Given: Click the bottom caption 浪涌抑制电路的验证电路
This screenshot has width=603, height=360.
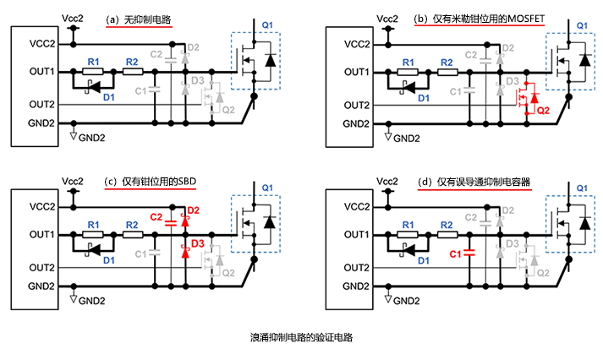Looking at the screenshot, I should point(301,335).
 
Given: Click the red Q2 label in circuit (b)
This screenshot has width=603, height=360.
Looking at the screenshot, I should point(543,110).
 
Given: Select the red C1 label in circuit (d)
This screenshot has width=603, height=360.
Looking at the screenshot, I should point(455,253).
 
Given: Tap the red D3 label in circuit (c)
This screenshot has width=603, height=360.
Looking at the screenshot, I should point(198,243).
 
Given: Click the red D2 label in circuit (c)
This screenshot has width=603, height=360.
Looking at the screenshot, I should point(193,210).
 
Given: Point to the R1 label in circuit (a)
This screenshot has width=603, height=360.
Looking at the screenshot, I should point(94,62).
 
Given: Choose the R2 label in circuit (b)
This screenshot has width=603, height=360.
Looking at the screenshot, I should point(444,62).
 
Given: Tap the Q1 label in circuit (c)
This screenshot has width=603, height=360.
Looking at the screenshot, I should point(267,187).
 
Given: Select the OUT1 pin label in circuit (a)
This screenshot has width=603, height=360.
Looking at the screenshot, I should point(42,72).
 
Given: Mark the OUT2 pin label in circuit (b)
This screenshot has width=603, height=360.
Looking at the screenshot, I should point(356,105).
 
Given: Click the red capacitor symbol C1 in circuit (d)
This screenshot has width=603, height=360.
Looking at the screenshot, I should point(469,252).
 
